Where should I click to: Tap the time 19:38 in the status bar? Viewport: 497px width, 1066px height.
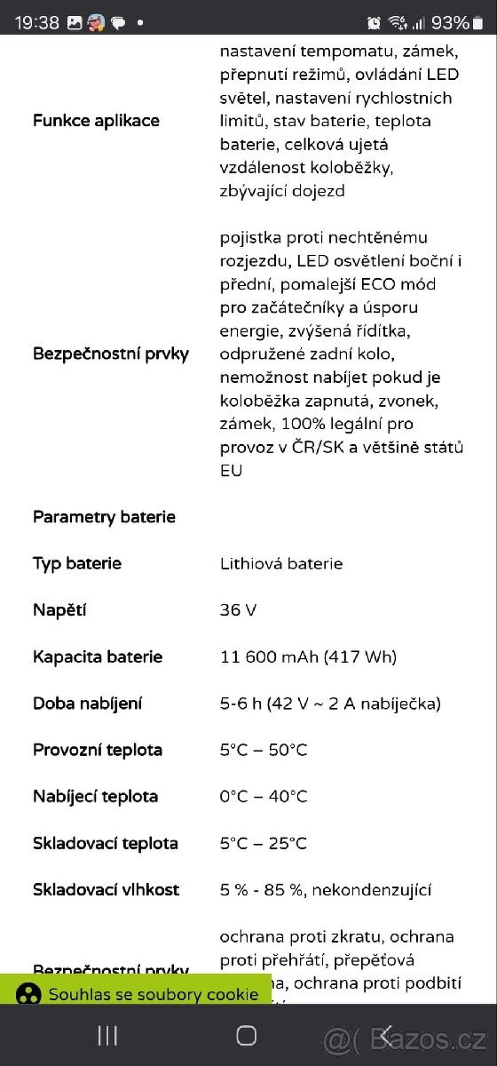pos(37,23)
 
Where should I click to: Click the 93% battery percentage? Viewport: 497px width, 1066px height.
pos(450,23)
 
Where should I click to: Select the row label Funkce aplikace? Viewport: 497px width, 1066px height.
pos(96,121)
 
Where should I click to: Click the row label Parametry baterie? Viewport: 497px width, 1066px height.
pos(104,517)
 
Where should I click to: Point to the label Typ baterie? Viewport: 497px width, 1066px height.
pos(77,563)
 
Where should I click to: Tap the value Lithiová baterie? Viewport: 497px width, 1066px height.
pos(281,563)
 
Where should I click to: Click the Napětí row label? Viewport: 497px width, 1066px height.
pos(59,610)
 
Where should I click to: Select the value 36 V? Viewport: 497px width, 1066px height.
pos(239,610)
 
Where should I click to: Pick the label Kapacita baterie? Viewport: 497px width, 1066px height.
pos(98,657)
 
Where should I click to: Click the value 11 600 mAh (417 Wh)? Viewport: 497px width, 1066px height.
pos(308,657)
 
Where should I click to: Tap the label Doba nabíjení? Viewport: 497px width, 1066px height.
pos(88,704)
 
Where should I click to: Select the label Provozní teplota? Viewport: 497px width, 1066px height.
pos(98,750)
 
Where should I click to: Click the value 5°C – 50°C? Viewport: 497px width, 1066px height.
pos(264,750)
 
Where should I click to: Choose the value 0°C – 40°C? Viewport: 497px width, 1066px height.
pos(264,796)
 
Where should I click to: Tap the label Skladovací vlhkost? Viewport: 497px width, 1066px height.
pos(106,889)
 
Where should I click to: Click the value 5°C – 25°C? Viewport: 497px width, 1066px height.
pos(264,843)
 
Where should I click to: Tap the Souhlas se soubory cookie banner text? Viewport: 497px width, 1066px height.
pos(154,994)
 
